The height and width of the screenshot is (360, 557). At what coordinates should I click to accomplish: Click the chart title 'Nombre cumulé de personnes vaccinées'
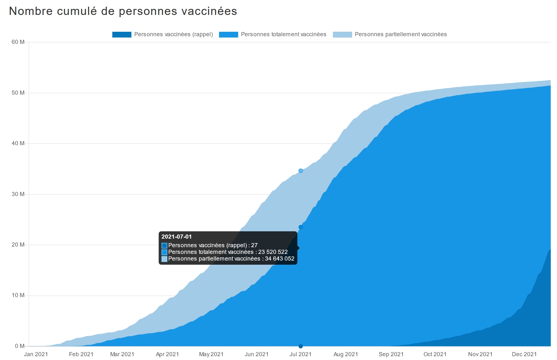[x=123, y=11]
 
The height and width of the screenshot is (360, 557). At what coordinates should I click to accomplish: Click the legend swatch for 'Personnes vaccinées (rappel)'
[x=122, y=35]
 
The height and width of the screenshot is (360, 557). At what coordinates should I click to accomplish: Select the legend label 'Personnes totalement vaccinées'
[x=283, y=34]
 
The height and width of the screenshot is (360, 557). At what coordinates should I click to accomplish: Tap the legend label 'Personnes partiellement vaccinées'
[x=401, y=34]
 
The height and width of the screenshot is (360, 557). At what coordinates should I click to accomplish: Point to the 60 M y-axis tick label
[x=18, y=42]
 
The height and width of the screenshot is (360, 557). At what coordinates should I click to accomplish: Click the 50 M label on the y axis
[x=18, y=93]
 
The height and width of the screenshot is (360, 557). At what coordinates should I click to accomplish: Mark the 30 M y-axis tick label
[x=18, y=194]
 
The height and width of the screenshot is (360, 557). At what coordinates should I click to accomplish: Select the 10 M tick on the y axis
[x=18, y=295]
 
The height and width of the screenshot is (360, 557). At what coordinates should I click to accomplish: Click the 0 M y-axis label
[x=19, y=346]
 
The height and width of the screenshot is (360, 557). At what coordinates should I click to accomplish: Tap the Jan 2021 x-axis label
[x=36, y=354]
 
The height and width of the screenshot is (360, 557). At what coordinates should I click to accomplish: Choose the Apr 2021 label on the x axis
[x=167, y=354]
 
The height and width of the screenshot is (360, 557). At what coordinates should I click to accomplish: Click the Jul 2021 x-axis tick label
[x=300, y=354]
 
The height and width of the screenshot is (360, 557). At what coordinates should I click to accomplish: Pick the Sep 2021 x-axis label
[x=391, y=354]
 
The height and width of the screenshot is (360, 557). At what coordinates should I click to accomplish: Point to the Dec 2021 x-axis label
[x=524, y=354]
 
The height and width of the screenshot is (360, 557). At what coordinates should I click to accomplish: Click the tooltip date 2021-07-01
[x=177, y=237]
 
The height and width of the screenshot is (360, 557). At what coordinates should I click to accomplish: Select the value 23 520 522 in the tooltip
[x=273, y=252]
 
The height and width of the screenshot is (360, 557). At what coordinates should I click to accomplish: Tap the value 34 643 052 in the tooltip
[x=280, y=259]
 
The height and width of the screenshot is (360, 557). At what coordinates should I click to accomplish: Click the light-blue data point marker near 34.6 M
[x=301, y=171]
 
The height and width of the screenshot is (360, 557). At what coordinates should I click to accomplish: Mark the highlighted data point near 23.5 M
[x=301, y=227]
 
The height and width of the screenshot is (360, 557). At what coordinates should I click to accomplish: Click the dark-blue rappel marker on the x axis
[x=301, y=346]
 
